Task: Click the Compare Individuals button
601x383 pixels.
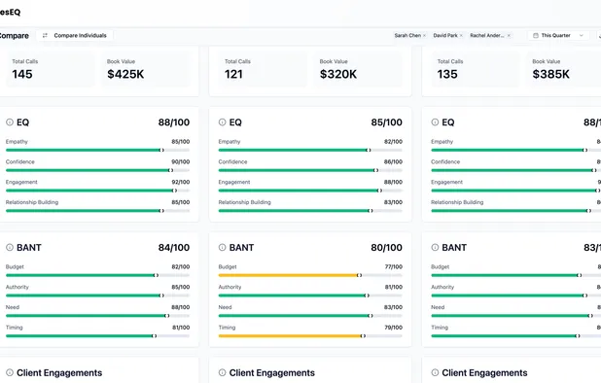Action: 75,35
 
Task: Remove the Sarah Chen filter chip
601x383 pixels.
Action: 424,35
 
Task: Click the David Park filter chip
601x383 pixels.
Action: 444,35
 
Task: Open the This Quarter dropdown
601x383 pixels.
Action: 559,35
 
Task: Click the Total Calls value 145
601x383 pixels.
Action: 22,74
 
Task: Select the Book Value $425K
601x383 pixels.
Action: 124,74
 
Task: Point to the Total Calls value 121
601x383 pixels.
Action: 234,74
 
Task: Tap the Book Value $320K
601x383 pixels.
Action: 337,74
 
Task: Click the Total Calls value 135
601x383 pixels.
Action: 447,74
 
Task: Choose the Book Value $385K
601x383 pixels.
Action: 550,74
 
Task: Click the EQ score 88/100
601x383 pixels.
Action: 174,122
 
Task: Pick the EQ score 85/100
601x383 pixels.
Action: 386,122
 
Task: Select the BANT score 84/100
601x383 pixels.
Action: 174,247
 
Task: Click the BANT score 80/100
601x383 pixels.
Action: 386,247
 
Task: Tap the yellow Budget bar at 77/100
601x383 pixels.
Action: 289,275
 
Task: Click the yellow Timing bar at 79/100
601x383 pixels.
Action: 291,335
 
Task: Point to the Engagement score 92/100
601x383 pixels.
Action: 180,182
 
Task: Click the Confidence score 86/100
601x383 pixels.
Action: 393,161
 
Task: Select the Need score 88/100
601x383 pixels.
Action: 180,307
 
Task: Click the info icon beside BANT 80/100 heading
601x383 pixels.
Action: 223,247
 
